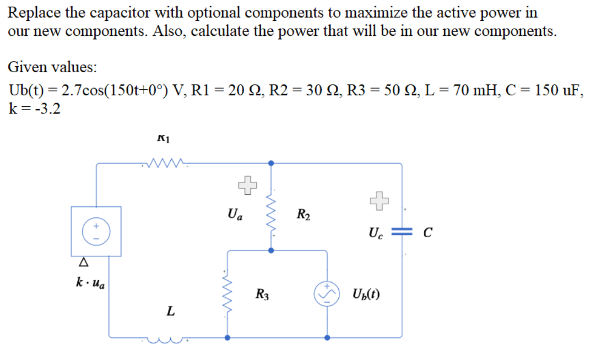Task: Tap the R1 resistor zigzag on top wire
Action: (164, 162)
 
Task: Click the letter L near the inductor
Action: (172, 312)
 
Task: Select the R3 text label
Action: (262, 294)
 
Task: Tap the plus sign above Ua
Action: (248, 186)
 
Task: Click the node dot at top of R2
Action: (270, 163)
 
